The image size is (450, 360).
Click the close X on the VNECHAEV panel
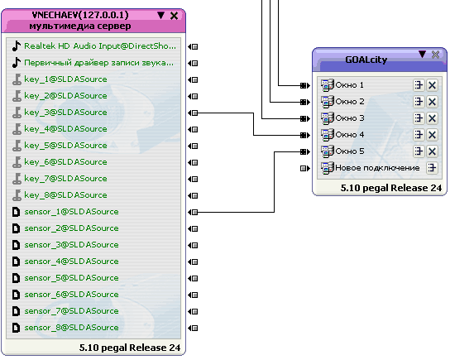[x=174, y=16]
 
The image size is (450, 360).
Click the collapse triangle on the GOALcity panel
[x=422, y=54]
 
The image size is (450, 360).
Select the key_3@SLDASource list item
[x=65, y=113]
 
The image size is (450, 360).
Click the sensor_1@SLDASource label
[x=71, y=212]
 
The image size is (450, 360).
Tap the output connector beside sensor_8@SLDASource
[x=193, y=328]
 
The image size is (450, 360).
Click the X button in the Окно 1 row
[x=432, y=85]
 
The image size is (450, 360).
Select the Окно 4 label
[x=350, y=135]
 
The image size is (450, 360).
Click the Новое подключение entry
[x=377, y=168]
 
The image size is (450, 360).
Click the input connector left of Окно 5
[x=305, y=151]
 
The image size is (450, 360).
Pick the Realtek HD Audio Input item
[x=100, y=46]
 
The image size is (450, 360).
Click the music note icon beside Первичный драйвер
[x=17, y=63]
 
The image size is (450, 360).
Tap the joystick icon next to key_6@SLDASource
[x=17, y=162]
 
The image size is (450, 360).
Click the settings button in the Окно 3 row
[x=419, y=118]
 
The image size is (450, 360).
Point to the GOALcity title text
[x=366, y=60]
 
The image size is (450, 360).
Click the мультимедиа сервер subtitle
[x=80, y=26]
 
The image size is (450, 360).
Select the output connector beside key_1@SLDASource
[x=193, y=79]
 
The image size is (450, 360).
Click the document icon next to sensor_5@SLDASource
[x=16, y=278]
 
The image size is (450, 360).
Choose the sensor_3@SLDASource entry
[x=71, y=245]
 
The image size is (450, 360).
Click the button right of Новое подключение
[x=432, y=168]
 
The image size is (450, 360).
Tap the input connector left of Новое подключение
[x=305, y=168]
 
